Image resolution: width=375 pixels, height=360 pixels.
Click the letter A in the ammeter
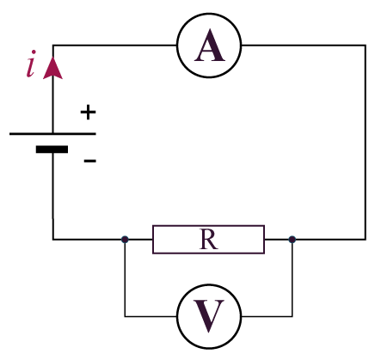tap(210, 46)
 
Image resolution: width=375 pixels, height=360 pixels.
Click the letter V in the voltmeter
tap(209, 316)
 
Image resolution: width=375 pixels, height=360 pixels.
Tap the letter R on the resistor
tap(208, 240)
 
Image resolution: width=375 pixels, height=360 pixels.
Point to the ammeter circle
tap(177, 46)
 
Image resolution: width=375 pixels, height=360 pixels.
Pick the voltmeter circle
tap(177, 316)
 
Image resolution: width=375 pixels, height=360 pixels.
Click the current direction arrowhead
tap(52, 68)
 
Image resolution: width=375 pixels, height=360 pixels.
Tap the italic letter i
tap(31, 64)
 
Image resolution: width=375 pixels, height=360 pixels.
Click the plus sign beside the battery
tap(88, 113)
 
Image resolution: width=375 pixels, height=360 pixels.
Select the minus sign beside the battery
tap(89, 161)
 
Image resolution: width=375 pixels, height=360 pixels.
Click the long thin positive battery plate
tap(52, 134)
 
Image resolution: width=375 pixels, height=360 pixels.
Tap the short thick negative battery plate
tap(52, 149)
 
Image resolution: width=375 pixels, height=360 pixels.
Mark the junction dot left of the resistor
tap(125, 239)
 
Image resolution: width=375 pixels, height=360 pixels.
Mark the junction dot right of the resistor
tap(292, 239)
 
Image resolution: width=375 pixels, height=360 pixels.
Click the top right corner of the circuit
tap(366, 46)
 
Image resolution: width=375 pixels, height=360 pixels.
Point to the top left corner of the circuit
tap(52, 46)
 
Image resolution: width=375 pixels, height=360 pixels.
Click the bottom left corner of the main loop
tap(53, 239)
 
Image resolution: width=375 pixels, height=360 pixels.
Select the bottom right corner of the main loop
tap(366, 239)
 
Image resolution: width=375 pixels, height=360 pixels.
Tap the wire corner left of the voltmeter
tap(125, 316)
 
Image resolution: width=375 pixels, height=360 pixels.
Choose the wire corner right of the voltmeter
tap(292, 316)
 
